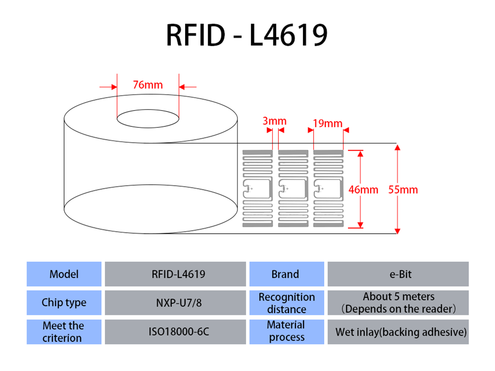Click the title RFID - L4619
click(247, 35)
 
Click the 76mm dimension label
click(148, 85)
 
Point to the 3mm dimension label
click(274, 122)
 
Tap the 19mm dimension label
click(328, 124)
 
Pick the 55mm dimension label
click(403, 190)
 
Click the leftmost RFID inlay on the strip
click(257, 188)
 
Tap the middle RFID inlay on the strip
click(293, 188)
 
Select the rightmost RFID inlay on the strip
click(328, 188)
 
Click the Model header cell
click(64, 274)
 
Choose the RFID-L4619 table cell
click(175, 274)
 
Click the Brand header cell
click(286, 274)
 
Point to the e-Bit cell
click(398, 274)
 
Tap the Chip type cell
click(64, 303)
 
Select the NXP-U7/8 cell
click(175, 303)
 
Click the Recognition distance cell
click(286, 303)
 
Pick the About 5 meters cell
click(398, 303)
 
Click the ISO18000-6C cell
click(175, 332)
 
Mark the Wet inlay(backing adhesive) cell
click(398, 332)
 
